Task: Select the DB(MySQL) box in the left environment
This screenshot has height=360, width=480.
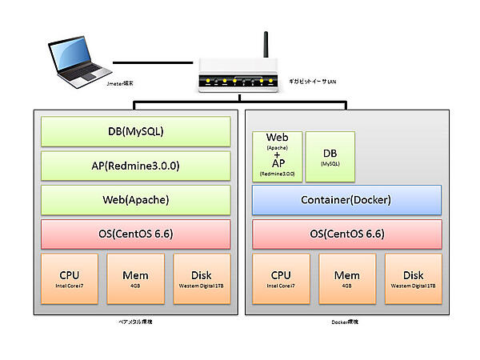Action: coord(135,130)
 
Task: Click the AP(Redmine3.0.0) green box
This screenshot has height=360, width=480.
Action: coord(135,166)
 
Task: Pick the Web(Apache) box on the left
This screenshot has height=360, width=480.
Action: coord(135,200)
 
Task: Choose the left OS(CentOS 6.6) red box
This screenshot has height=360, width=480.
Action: coord(135,234)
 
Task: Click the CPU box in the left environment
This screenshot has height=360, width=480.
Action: coord(69,279)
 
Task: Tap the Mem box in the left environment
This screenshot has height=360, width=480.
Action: coord(135,279)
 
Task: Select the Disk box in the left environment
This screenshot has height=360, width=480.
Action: coord(202,279)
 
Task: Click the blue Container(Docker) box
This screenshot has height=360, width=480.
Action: coord(347,200)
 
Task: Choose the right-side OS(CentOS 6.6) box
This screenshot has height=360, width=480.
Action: coord(347,234)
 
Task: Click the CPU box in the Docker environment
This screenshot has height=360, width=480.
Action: coord(281,279)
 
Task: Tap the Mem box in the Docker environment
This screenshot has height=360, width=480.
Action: coord(347,279)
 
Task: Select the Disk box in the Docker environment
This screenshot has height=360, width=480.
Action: coord(413,279)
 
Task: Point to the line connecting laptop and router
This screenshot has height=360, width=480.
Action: coord(153,62)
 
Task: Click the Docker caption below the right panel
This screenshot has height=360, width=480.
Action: coord(346,322)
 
